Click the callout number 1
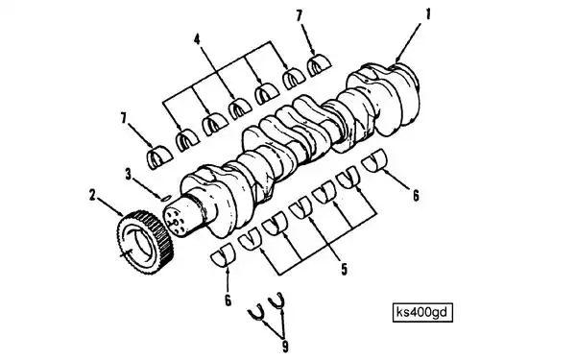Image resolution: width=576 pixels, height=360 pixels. pos(427,14)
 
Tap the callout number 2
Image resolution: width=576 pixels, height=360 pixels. pos(92,195)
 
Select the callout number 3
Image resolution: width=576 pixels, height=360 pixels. pos(128,174)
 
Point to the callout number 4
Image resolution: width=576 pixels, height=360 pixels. pos(197,38)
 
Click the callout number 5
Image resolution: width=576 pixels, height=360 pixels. pos(344,269)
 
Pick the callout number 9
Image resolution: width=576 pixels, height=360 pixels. pos(285,347)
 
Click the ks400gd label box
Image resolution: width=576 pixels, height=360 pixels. pos(422,312)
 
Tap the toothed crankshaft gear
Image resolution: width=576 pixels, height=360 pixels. pos(145,243)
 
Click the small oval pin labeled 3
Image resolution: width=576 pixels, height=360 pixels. pos(166,198)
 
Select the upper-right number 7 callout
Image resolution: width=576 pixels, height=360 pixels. pos(299,15)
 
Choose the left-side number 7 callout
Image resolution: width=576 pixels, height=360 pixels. pos(124,118)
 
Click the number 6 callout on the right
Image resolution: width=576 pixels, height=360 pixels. pos(416,196)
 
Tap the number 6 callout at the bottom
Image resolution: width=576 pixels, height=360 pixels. pos(228,300)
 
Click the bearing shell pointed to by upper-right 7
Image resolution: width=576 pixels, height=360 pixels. pos(319,65)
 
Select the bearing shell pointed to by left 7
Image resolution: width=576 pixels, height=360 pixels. pos(159,157)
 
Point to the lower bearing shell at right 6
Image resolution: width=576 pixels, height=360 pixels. pos(374,160)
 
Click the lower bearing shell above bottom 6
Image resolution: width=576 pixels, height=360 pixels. pos(223,254)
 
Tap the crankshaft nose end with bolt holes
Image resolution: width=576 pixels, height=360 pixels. pos(176,221)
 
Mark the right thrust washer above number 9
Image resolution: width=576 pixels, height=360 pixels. pos(276,302)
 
